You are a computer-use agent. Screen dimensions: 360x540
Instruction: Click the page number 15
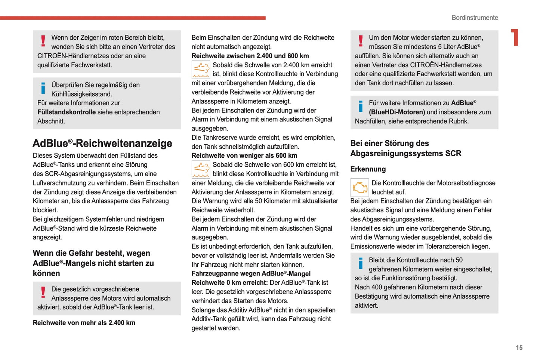519,348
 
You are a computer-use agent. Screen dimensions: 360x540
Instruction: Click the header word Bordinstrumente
475,18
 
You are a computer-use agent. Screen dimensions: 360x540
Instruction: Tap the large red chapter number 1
515,37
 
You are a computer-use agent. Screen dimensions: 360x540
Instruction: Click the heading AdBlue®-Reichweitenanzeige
102,144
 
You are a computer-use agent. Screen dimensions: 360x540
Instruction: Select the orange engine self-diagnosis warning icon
360,188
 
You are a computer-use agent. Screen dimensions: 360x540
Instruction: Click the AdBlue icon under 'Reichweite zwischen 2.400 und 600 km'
201,70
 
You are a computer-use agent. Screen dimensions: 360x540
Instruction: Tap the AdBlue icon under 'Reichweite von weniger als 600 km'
201,169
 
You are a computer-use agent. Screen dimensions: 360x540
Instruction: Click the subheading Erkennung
368,169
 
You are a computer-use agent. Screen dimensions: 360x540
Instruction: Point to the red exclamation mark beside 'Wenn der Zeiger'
43,41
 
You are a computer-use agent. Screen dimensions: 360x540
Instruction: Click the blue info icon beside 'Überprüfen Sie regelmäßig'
43,89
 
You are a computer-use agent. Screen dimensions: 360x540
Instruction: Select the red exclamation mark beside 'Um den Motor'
361,41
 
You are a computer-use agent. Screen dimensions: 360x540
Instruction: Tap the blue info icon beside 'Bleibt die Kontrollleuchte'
361,264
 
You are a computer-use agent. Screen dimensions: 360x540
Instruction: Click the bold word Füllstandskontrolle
67,112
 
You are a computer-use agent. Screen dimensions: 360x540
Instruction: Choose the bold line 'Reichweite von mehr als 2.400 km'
84,323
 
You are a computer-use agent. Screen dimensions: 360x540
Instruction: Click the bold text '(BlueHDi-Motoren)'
397,112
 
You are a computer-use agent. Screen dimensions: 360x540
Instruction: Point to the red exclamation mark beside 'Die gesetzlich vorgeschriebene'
43,292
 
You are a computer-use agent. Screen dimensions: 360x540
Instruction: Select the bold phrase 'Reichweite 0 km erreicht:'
229,283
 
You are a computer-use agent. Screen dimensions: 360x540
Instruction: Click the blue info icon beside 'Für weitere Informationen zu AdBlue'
361,106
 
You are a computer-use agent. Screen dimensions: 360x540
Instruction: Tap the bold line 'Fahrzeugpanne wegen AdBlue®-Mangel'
251,274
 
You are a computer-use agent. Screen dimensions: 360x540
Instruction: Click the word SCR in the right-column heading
453,154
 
